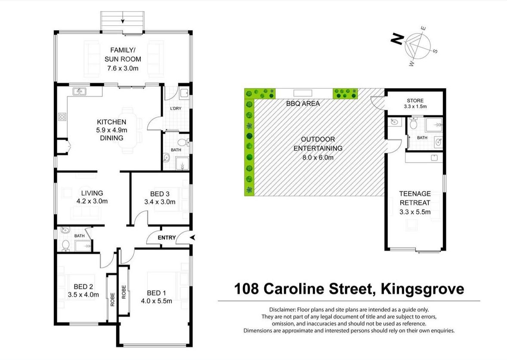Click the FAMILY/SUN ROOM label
[123, 55]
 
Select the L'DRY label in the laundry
[175, 108]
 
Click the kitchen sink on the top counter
[79, 91]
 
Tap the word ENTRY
[167, 238]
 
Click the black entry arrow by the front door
[192, 237]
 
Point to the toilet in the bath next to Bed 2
[65, 245]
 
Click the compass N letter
[396, 40]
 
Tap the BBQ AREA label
[303, 104]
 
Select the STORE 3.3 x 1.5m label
[414, 103]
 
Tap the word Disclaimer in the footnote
[284, 310]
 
